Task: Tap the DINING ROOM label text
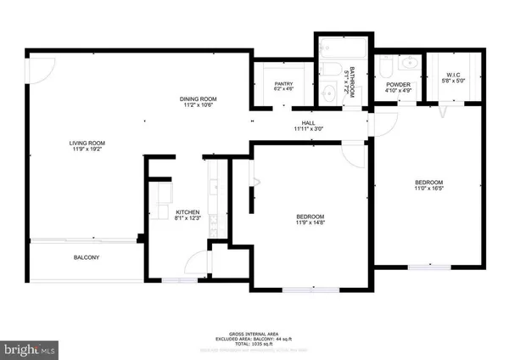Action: [199, 99]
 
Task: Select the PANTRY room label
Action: [283, 83]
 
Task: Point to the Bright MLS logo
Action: [30, 348]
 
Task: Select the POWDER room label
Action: [398, 84]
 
